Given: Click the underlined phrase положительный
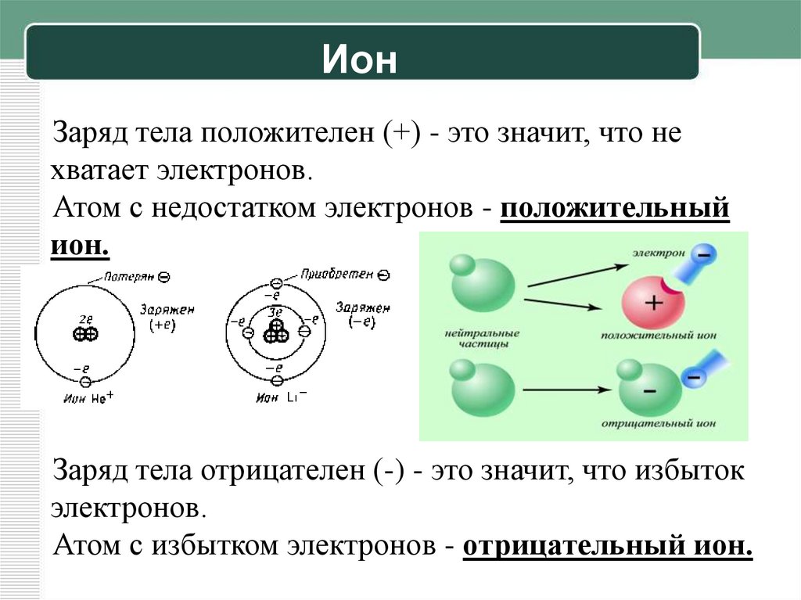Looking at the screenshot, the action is [615, 211].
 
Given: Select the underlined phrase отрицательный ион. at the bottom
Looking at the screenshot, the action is [608, 545].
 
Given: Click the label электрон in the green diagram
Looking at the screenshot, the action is [659, 254].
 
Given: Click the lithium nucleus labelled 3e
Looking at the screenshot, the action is [275, 333].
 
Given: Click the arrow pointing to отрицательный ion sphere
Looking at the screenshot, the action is [566, 389].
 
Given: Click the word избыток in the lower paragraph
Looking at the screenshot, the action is [690, 472].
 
